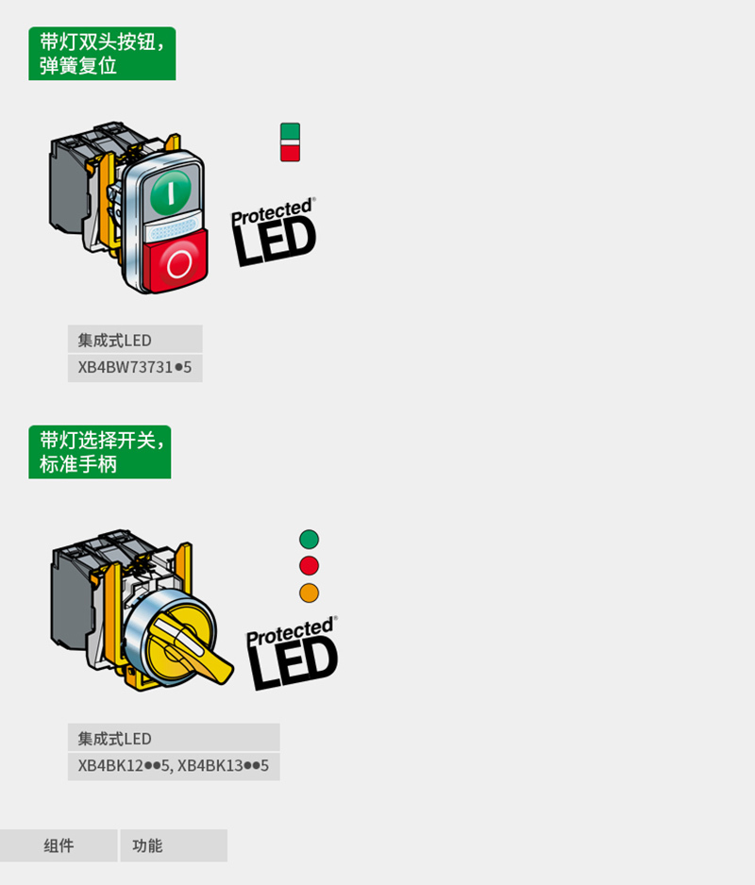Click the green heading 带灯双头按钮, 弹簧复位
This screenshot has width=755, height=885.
pyautogui.click(x=102, y=54)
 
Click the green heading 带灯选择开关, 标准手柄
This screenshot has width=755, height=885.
pyautogui.click(x=100, y=452)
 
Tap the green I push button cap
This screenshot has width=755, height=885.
pyautogui.click(x=171, y=191)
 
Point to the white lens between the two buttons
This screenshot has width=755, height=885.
pyautogui.click(x=171, y=229)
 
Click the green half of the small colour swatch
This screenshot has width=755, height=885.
pyautogui.click(x=291, y=131)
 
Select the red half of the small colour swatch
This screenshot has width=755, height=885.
pyautogui.click(x=291, y=153)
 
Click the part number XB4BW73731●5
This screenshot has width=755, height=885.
pyautogui.click(x=134, y=368)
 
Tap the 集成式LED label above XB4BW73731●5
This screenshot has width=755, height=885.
pyautogui.click(x=114, y=341)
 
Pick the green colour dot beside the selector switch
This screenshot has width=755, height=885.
pyautogui.click(x=309, y=539)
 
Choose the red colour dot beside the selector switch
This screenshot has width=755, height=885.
pyautogui.click(x=309, y=565)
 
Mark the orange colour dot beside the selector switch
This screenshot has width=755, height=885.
pyautogui.click(x=309, y=593)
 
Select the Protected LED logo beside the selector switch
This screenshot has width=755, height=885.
pyautogui.click(x=292, y=653)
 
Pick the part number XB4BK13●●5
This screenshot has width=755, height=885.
pyautogui.click(x=223, y=766)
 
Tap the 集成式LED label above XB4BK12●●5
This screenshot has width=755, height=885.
pyautogui.click(x=114, y=739)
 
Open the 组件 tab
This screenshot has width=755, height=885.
pyautogui.click(x=59, y=845)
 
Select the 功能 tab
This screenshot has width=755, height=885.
pyautogui.click(x=174, y=845)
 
